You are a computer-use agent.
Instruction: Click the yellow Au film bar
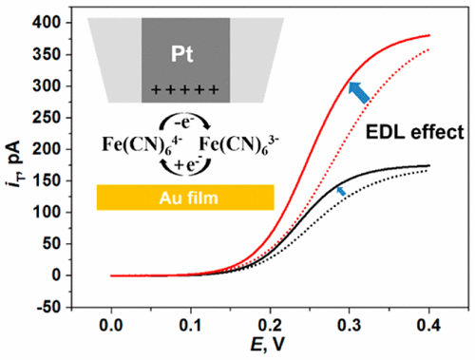[185, 197]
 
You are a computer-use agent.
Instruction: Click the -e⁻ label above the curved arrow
[180, 123]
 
